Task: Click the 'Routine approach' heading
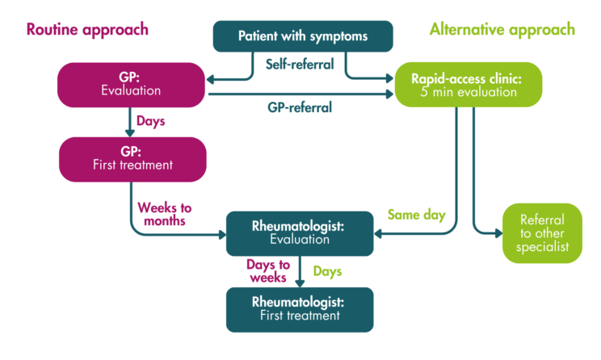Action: (87, 30)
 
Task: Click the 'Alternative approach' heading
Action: (502, 30)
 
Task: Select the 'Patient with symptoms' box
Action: (302, 36)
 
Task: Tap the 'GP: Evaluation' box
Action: (131, 85)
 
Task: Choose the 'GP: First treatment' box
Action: (131, 159)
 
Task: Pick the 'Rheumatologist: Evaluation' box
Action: (300, 233)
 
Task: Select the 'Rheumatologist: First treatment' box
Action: (300, 309)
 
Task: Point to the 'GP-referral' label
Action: (299, 107)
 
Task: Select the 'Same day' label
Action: (415, 215)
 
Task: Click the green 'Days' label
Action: (326, 270)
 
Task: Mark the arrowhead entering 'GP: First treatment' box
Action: (131, 133)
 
